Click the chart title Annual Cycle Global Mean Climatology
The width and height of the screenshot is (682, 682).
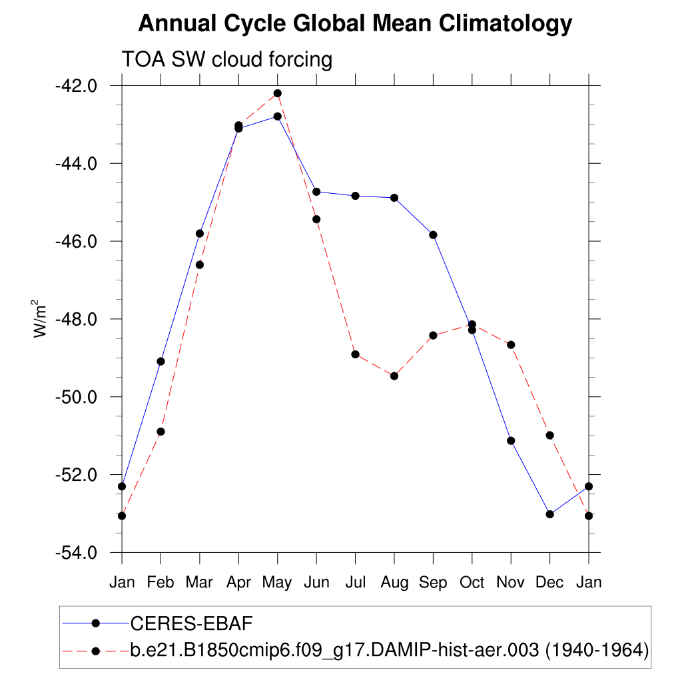(355, 24)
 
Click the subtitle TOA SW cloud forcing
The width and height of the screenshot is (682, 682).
(226, 60)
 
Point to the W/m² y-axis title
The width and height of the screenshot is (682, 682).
(41, 318)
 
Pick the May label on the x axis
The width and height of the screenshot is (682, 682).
(277, 583)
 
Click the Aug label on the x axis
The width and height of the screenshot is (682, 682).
(394, 583)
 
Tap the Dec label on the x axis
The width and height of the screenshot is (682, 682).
(549, 583)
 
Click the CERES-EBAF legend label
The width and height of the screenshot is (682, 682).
(191, 623)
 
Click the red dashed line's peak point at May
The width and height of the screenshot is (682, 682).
(277, 93)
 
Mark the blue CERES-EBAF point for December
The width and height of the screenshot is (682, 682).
(549, 514)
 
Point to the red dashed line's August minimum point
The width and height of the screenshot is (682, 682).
(394, 376)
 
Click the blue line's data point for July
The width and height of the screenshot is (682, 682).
(355, 196)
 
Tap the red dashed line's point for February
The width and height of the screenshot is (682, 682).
(161, 432)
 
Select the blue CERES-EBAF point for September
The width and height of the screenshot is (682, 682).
(433, 234)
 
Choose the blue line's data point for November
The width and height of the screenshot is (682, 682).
(511, 440)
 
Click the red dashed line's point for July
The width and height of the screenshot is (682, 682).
(355, 354)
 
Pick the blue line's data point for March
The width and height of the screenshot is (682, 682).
(199, 233)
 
